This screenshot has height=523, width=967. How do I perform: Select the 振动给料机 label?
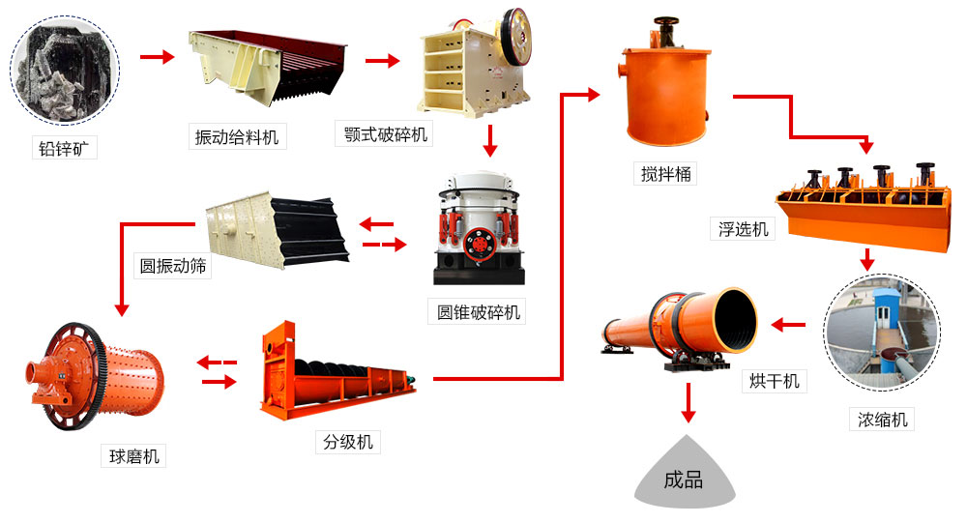click(236, 137)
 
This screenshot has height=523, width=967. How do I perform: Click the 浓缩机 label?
click(881, 419)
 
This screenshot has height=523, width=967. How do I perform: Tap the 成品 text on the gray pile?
click(684, 479)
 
